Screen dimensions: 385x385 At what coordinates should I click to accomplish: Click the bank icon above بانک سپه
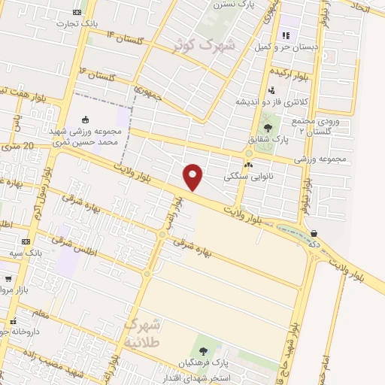(x=26, y=241)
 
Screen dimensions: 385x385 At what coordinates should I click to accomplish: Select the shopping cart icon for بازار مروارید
(x=8, y=279)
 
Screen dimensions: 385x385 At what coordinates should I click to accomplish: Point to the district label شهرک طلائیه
(x=141, y=332)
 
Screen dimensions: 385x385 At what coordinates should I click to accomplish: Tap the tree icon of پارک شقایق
(x=268, y=128)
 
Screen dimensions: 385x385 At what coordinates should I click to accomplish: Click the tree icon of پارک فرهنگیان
(x=202, y=350)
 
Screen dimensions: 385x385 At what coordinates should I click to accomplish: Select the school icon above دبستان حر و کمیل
(x=285, y=35)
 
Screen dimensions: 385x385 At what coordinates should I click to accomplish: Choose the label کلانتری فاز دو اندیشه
(x=262, y=101)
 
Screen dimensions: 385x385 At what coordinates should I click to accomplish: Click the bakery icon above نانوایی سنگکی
(x=248, y=165)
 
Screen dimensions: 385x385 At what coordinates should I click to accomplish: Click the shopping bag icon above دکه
(x=313, y=234)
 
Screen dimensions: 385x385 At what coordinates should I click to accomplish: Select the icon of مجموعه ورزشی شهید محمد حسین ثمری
(x=85, y=119)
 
